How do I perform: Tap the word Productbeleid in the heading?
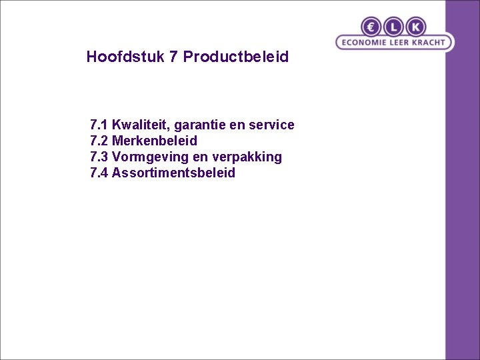(236, 57)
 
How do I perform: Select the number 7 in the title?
(173, 57)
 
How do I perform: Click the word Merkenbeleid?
(155, 141)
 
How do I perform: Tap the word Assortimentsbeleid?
(173, 173)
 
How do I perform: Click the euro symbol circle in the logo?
(371, 27)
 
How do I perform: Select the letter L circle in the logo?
(393, 27)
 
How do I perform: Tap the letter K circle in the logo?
(415, 27)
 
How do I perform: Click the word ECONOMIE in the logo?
(365, 43)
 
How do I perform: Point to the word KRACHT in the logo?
(427, 43)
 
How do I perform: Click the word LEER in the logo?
(398, 43)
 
